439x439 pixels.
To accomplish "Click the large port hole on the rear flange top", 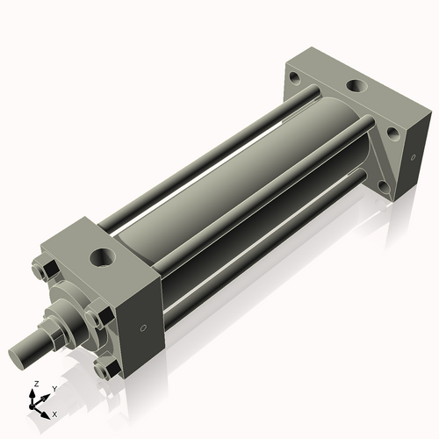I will tap(356, 87).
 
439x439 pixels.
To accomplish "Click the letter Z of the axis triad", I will tap(35, 385).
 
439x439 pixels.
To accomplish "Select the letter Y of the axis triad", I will tap(54, 388).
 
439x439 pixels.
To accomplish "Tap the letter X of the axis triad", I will tap(54, 413).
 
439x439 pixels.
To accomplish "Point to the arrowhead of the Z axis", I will tap(34, 393).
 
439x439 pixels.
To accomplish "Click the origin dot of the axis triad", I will tap(35, 405).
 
